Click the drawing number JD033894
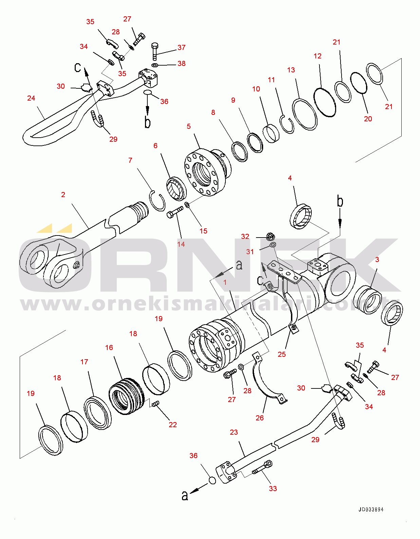(371, 509)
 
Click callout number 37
(182, 48)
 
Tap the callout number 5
(189, 126)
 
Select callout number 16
(109, 348)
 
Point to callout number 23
(234, 432)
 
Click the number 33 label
(273, 489)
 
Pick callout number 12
(317, 56)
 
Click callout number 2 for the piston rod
(63, 195)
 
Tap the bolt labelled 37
(154, 51)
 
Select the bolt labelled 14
(174, 213)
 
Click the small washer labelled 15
(187, 205)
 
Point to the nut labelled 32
(270, 236)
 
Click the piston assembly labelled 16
(126, 396)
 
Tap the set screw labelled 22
(155, 404)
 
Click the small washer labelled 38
(154, 65)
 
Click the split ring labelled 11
(287, 124)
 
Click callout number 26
(260, 418)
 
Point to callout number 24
(31, 98)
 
